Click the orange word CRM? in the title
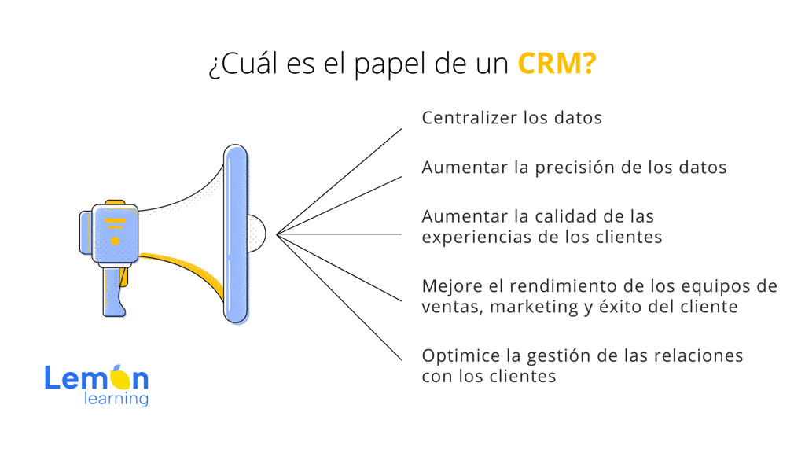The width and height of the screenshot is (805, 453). pos(557,64)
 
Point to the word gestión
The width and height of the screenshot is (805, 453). pos(557,356)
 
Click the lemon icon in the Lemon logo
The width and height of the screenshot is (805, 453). pos(120,377)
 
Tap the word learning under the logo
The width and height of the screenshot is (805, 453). pos(116,399)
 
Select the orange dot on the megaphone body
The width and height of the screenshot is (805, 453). pos(115,241)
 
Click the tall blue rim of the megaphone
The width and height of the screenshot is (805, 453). pos(236,234)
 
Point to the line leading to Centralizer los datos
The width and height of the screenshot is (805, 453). pos(340,182)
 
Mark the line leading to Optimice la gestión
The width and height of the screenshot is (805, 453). pos(340,297)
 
